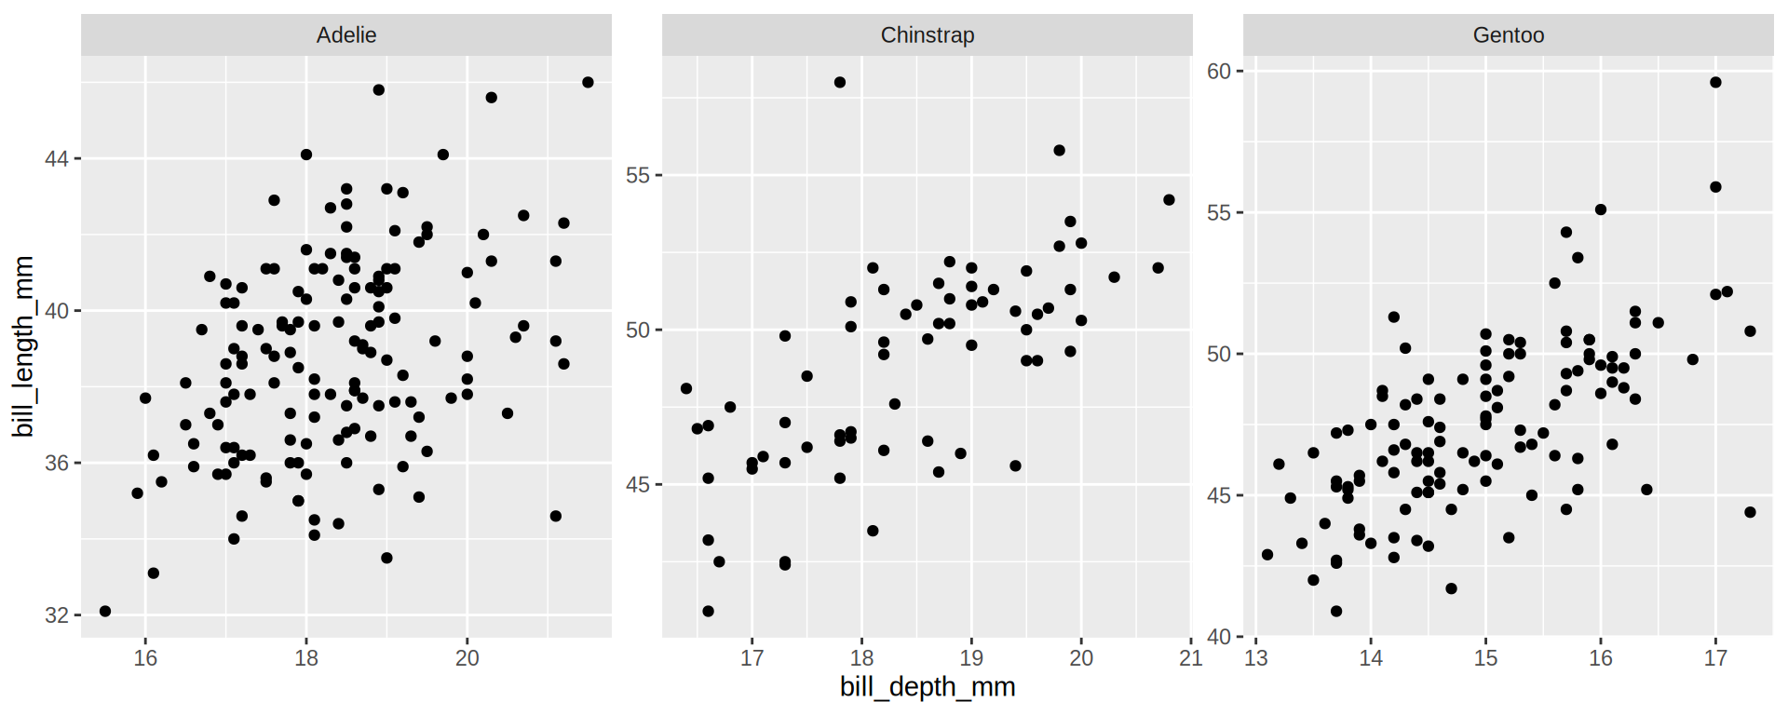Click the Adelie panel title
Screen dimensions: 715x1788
(x=346, y=35)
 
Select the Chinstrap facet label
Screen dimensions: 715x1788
(x=928, y=35)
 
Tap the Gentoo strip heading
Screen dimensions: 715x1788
(x=1508, y=35)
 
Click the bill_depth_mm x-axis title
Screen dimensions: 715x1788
(x=928, y=687)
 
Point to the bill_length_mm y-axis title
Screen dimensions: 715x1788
(x=23, y=346)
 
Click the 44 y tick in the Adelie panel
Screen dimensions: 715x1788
(x=57, y=159)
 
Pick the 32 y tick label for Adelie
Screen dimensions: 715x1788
(x=57, y=615)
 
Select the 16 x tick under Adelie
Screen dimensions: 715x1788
(x=145, y=658)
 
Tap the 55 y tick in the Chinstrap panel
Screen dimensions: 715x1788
(x=638, y=175)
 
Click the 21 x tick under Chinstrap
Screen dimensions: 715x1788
(x=1190, y=658)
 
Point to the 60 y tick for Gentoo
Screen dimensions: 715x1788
(x=1219, y=72)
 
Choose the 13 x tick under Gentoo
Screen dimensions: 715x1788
(x=1256, y=658)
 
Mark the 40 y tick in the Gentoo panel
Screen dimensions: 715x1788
(x=1219, y=638)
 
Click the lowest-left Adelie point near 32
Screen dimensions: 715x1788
(x=105, y=612)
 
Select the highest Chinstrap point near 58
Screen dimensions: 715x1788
(x=840, y=83)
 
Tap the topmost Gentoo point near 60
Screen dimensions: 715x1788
(x=1715, y=83)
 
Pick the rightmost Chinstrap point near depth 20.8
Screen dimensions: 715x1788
(x=1169, y=200)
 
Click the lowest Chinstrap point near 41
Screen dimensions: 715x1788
(x=708, y=612)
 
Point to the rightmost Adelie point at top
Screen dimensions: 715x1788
(x=588, y=83)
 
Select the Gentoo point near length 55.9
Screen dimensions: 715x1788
(x=1715, y=187)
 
